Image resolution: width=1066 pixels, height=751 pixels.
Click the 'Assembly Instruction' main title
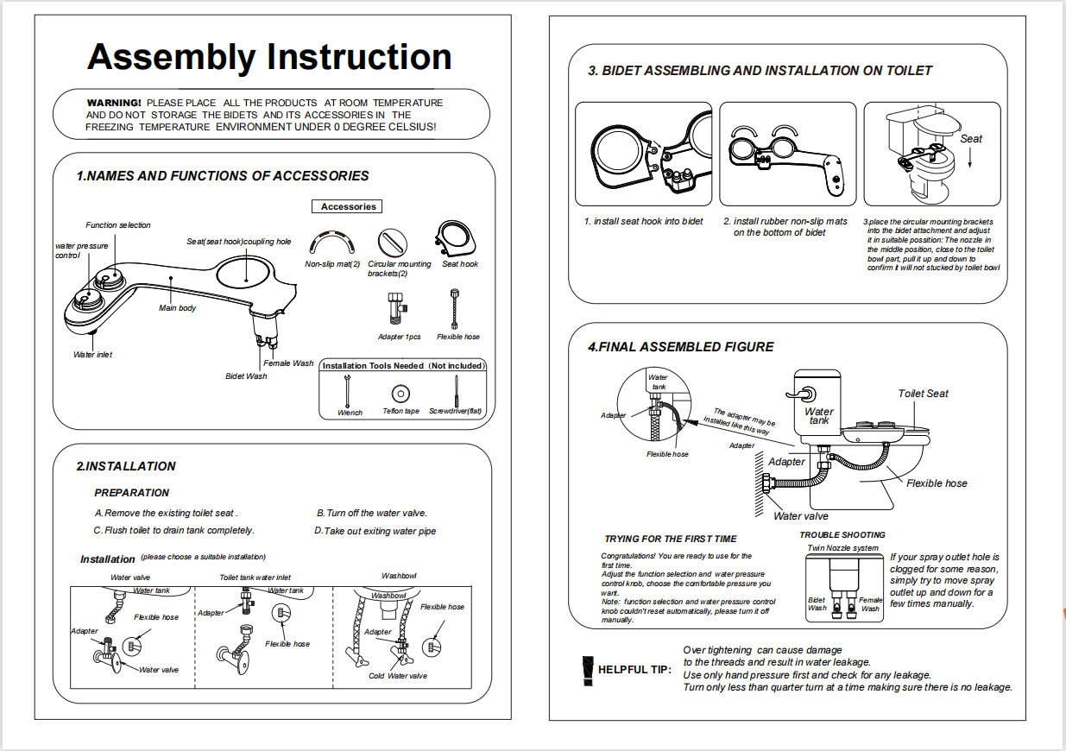(269, 57)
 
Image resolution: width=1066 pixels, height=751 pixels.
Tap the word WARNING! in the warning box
(114, 103)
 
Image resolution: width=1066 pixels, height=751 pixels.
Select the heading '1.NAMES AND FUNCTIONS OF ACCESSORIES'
(223, 176)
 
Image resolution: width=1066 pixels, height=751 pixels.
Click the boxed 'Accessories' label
(348, 206)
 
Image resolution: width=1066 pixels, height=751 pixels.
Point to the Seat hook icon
(455, 238)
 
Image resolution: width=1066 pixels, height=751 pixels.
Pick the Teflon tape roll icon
(401, 392)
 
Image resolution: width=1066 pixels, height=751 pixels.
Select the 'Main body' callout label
(177, 308)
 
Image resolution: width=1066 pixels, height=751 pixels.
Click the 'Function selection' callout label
(118, 225)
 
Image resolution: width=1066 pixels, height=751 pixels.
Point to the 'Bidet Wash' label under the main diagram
(246, 376)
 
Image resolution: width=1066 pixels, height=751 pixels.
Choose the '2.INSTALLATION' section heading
(126, 466)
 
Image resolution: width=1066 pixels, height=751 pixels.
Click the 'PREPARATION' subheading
(131, 493)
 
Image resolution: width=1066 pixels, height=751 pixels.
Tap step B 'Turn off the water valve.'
(372, 513)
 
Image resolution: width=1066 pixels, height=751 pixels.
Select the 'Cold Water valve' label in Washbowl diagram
(398, 676)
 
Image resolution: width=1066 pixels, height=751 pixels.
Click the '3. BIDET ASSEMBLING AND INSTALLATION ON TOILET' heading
(760, 71)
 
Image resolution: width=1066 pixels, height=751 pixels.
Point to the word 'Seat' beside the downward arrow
(971, 138)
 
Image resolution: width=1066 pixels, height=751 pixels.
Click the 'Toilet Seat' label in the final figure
(923, 394)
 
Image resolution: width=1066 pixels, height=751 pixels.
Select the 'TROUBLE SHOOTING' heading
(842, 535)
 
